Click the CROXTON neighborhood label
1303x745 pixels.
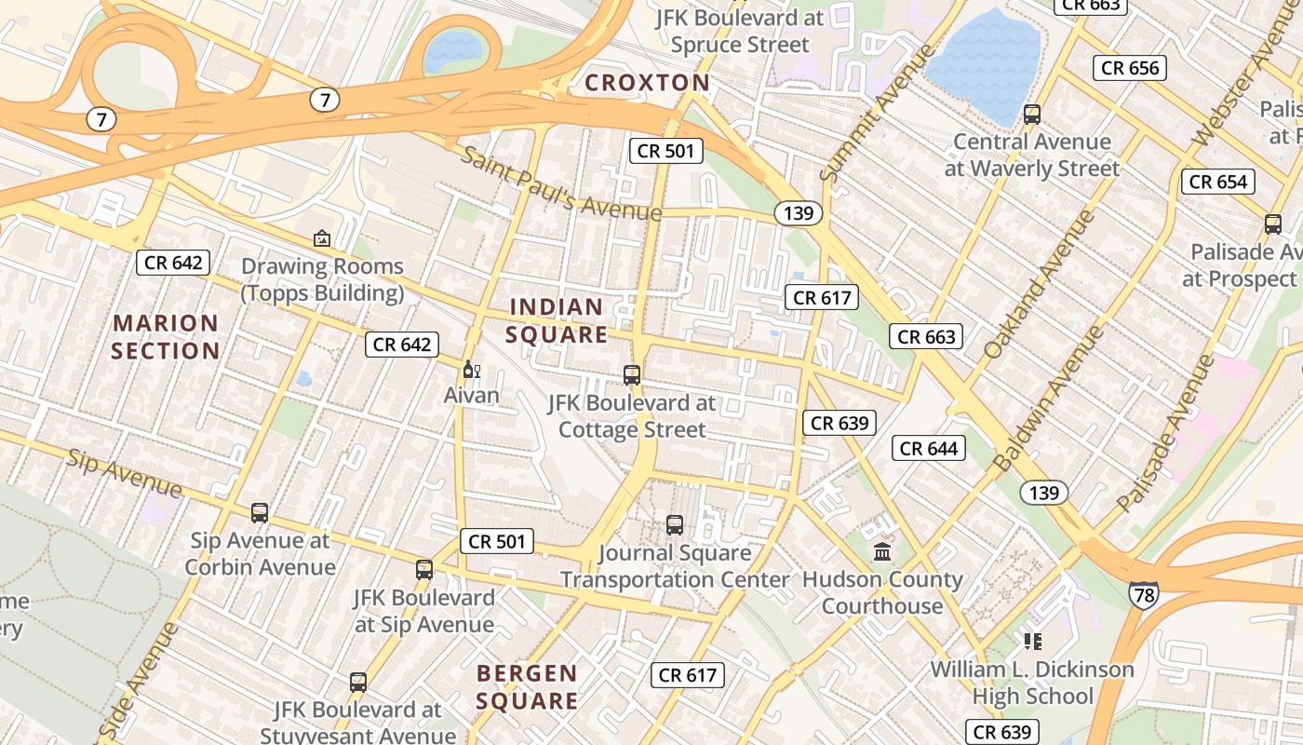[x=647, y=83]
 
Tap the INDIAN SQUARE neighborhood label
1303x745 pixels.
[x=557, y=320]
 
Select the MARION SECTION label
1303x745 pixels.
[x=166, y=337]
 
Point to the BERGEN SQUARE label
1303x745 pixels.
[x=527, y=686]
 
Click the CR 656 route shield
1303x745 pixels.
[x=1130, y=68]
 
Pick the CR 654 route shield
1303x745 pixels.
[x=1218, y=182]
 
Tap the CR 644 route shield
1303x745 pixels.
[x=929, y=449]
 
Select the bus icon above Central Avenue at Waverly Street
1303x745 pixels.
[x=1031, y=115]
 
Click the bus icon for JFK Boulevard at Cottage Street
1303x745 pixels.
[x=632, y=375]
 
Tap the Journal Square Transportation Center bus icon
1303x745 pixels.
[x=675, y=525]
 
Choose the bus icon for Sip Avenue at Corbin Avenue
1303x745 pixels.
[x=260, y=512]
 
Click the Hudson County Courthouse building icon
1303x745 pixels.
[x=882, y=551]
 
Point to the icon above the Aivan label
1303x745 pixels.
[x=471, y=370]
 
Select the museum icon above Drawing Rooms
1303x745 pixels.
[x=322, y=238]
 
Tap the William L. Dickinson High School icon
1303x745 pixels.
[x=1032, y=641]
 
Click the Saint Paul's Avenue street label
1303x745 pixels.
[x=561, y=184]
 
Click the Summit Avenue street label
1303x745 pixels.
[x=878, y=112]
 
